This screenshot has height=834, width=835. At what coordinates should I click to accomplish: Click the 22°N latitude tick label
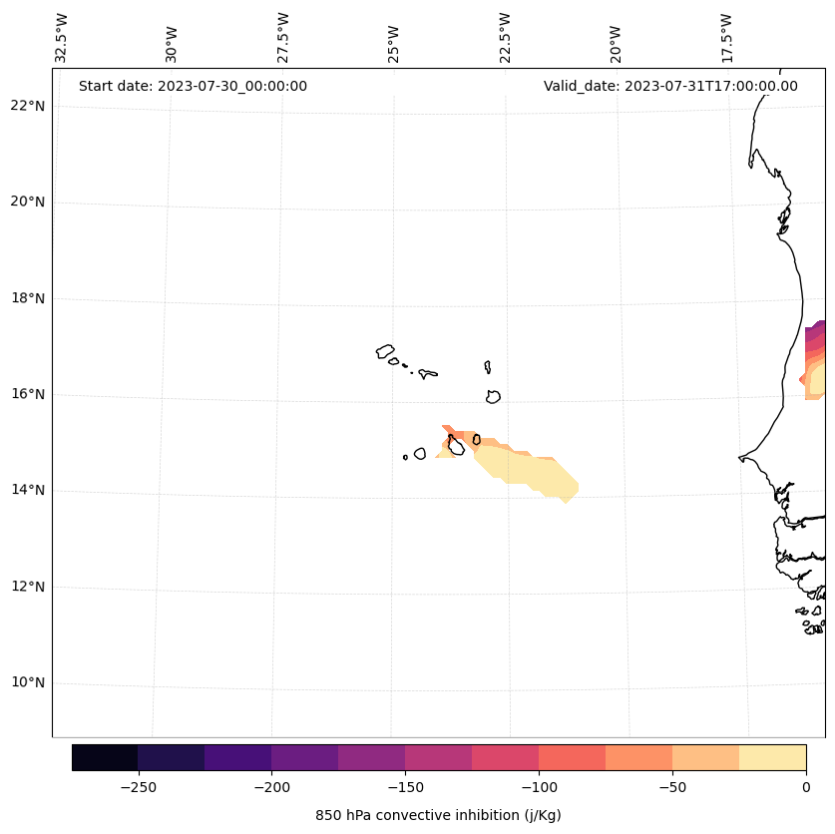27,106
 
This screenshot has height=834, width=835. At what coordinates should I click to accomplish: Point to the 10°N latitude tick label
27,682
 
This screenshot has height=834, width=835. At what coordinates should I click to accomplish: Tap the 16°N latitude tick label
27,394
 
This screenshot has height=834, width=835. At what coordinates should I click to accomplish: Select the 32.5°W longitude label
62,38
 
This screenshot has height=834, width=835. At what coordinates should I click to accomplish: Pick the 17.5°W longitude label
726,38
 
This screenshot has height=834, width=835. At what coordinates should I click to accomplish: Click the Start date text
193,86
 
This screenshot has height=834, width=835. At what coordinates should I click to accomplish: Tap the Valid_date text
670,86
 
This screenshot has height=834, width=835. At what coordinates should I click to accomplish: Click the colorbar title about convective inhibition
438,815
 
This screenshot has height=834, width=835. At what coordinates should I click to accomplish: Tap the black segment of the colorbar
105,757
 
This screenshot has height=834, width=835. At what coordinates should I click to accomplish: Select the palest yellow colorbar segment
773,757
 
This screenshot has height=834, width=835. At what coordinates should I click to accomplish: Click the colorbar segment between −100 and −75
573,757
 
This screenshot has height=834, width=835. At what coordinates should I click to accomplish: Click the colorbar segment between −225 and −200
238,757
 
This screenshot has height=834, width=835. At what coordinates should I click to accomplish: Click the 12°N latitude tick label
27,587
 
